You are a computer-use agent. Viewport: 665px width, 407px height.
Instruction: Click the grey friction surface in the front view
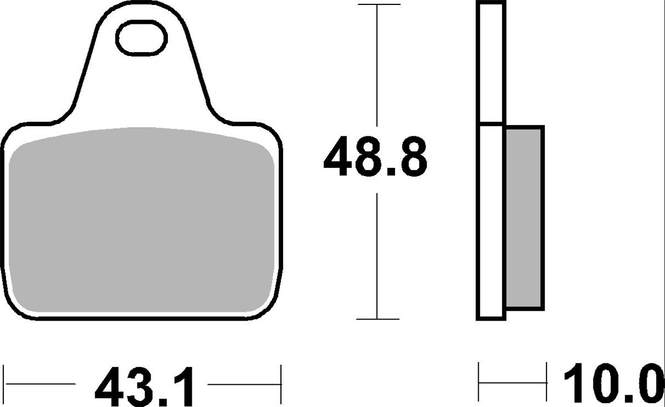point(142,221)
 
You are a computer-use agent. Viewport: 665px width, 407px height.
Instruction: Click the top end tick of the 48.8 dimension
point(377,4)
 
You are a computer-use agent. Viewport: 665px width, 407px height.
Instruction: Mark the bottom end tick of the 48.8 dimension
point(377,319)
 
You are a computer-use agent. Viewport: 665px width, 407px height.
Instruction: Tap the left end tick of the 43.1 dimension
point(5,383)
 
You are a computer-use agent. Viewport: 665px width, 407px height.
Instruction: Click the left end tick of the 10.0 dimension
point(479,383)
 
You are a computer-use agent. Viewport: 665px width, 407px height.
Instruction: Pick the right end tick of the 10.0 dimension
point(547,383)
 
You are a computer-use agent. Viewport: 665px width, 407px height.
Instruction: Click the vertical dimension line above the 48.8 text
point(377,66)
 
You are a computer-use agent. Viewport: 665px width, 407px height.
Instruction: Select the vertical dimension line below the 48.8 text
point(377,255)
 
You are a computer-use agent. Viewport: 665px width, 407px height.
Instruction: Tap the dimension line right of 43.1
point(244,383)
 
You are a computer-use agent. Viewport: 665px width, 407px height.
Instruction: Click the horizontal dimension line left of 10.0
point(513,383)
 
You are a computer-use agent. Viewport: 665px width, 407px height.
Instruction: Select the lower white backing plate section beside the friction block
point(491,221)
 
